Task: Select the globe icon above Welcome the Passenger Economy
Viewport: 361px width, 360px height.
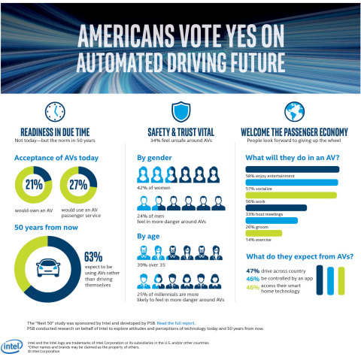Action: point(293,111)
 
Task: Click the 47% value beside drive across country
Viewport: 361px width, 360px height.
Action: point(253,270)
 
